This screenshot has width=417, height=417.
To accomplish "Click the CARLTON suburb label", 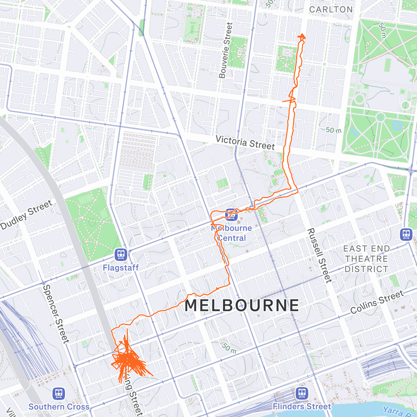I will pyautogui.click(x=330, y=9).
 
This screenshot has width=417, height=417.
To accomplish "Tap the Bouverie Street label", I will pyautogui.click(x=225, y=50).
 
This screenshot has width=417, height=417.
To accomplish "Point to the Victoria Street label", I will pyautogui.click(x=245, y=142).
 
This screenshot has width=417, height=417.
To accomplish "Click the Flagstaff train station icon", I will pyautogui.click(x=121, y=255).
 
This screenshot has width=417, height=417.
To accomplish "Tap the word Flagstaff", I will pyautogui.click(x=121, y=268).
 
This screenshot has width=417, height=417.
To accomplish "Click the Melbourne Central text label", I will pyautogui.click(x=232, y=233).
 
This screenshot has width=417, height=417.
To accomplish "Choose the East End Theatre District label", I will pyautogui.click(x=366, y=259).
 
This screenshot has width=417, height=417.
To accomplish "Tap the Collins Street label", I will pyautogui.click(x=377, y=302).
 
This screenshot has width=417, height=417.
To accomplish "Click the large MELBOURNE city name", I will pyautogui.click(x=242, y=305).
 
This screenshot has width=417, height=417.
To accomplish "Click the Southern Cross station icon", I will pyautogui.click(x=58, y=394).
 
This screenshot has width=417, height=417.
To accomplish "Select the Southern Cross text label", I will pyautogui.click(x=59, y=407).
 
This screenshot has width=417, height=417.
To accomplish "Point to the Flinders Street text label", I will pyautogui.click(x=302, y=407).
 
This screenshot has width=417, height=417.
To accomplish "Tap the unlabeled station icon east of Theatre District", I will pyautogui.click(x=406, y=234).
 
